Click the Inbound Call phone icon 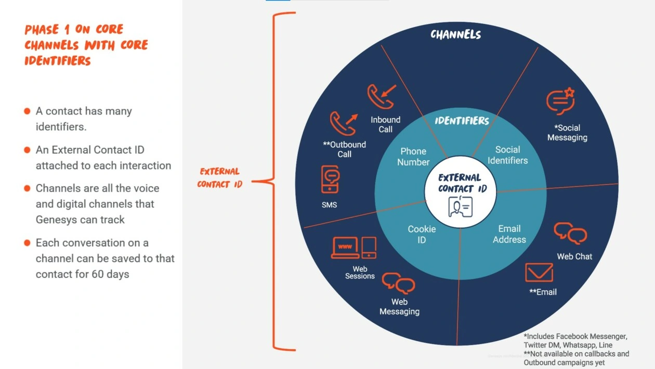click(381, 96)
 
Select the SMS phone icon click(330, 179)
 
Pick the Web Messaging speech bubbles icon click(398, 283)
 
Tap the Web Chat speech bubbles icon click(570, 233)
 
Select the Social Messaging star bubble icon click(560, 101)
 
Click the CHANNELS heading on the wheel click(456, 35)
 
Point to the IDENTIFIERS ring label click(462, 121)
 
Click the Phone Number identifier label click(413, 157)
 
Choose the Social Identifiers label click(508, 155)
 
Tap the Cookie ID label click(422, 234)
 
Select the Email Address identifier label click(509, 234)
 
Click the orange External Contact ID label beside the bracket click(219, 177)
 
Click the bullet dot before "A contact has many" click(27, 111)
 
